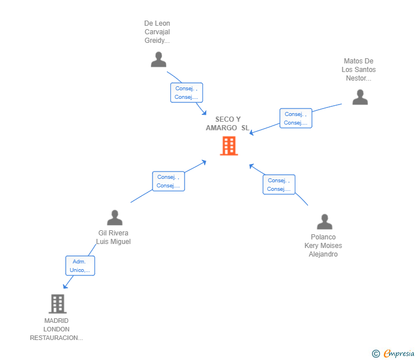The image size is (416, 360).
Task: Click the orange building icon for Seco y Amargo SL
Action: tap(229, 146)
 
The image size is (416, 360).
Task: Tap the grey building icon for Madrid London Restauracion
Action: tap(57, 303)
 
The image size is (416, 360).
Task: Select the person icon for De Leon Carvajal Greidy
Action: tap(158, 59)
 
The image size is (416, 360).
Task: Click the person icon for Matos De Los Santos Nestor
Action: tap(360, 97)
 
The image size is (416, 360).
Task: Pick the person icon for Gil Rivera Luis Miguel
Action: tap(115, 218)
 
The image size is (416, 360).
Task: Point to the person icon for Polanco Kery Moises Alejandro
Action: tap(325, 222)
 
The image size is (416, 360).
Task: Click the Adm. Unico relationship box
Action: tap(80, 266)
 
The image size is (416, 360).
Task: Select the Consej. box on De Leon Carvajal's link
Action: tap(186, 93)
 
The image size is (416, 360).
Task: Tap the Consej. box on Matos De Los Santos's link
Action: tap(296, 118)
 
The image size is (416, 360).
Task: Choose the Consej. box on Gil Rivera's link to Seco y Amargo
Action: tap(169, 181)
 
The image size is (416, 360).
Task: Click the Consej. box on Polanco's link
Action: tap(279, 185)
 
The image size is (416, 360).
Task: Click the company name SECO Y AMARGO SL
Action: tap(228, 123)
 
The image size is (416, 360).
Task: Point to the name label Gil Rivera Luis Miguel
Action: tap(114, 237)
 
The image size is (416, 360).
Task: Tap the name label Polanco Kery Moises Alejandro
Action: tap(323, 246)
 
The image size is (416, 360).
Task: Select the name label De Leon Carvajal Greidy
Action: tap(157, 32)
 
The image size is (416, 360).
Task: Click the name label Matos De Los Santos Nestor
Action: tap(359, 70)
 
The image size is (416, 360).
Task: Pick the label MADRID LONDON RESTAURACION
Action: tap(57, 329)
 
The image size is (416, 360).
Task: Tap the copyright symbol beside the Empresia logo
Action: tap(376, 354)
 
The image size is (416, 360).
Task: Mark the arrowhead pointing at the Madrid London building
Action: tap(65, 286)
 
